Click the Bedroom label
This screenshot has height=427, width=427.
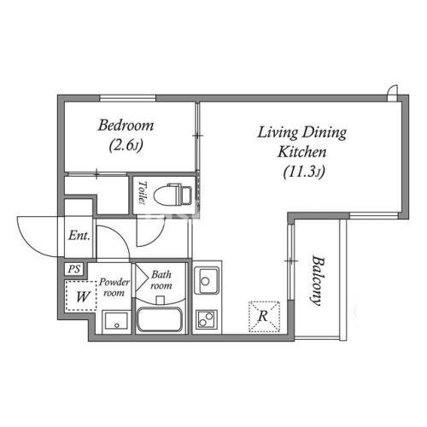126,126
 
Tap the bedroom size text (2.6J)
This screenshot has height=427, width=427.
126,145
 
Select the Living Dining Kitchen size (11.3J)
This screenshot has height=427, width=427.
304,172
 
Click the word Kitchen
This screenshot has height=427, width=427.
302,152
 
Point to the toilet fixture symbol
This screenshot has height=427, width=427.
173,195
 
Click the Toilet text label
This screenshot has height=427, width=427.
143,192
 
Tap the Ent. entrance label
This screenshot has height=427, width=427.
79,236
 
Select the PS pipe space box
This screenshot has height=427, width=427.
74,269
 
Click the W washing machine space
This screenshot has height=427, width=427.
81,296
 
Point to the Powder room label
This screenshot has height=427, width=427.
114,287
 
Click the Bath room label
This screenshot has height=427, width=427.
161,280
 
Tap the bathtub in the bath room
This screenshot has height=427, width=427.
159,319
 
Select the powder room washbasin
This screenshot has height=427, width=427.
115,321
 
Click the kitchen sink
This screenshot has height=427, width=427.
207,281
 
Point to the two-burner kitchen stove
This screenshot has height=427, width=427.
207,319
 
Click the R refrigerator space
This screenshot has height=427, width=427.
264,317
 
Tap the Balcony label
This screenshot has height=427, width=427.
318,281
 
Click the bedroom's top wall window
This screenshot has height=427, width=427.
127,98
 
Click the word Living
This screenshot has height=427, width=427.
278,133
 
